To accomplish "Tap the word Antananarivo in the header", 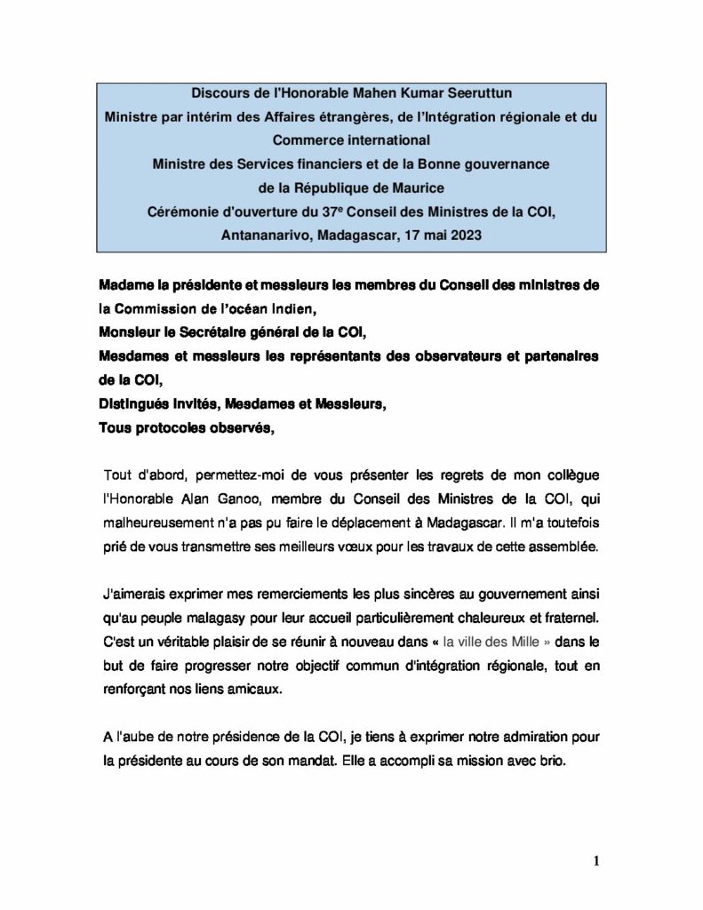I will click(264, 235).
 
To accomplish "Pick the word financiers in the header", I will click(329, 164).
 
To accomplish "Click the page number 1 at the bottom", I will click(596, 860).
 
